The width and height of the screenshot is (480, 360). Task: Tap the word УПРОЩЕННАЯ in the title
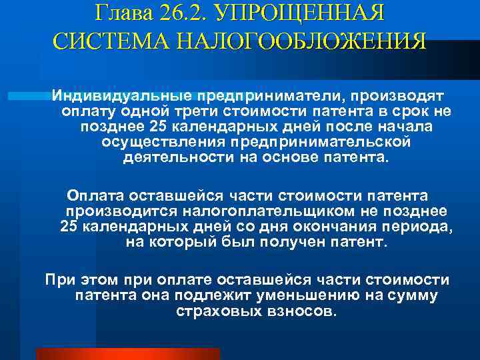point(309,12)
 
